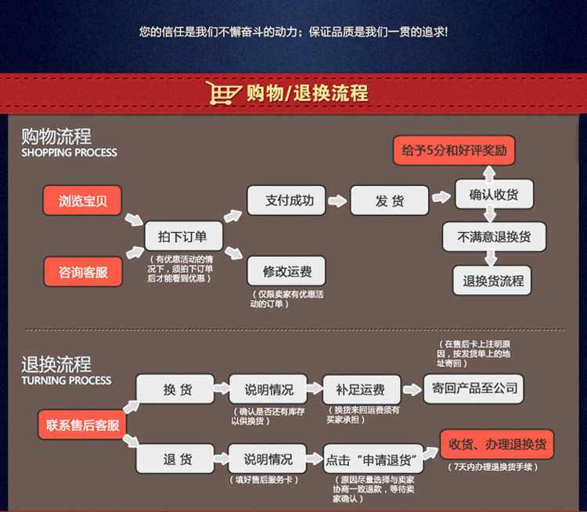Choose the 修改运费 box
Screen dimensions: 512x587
pos(286,271)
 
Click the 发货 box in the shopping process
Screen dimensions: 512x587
pos(390,200)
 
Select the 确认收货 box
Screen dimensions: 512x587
pos(495,194)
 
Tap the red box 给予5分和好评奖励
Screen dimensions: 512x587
pos(454,150)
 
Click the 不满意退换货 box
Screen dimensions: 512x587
pos(494,237)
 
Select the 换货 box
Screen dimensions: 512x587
pos(177,389)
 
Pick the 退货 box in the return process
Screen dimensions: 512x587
pos(177,459)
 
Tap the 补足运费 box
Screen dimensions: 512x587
pos(361,389)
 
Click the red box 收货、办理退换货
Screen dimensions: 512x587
pos(498,445)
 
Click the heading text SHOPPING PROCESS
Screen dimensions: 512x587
pos(69,152)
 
